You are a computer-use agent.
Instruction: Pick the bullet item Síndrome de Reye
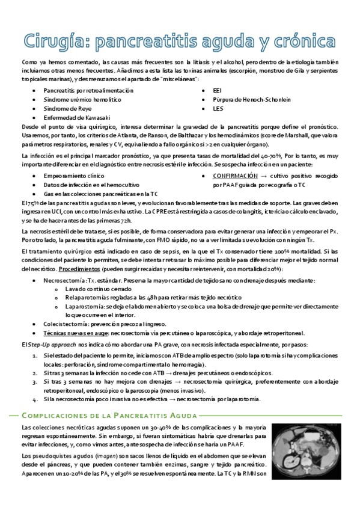coord(67,109)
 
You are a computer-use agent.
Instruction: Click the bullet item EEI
coord(217,90)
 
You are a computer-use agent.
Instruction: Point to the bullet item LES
coord(218,109)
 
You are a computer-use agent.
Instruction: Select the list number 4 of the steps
coord(35,399)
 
